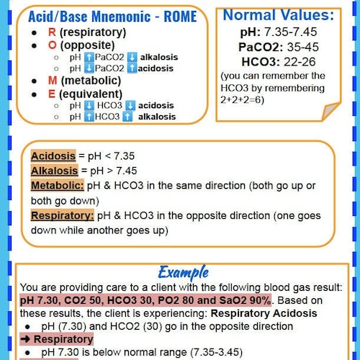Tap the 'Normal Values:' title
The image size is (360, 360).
click(278, 15)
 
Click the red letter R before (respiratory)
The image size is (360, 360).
click(52, 32)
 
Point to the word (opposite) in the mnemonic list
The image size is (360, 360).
click(92, 44)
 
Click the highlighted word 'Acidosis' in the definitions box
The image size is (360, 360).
click(53, 156)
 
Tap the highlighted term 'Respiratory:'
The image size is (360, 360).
click(63, 215)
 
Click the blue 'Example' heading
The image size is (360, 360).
click(183, 271)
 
